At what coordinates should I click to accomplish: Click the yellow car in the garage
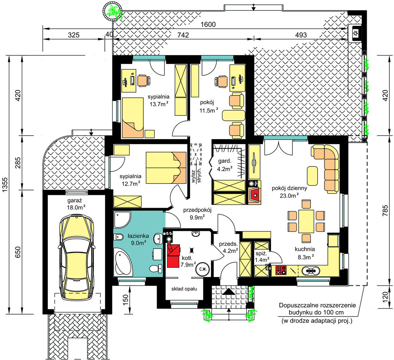click(77, 257)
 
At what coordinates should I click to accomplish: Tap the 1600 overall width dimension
click(208, 24)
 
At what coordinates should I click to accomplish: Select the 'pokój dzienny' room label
click(289, 188)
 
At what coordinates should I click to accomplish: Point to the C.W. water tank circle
click(203, 269)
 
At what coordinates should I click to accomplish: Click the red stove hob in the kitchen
click(281, 270)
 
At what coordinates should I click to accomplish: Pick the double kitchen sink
click(311, 271)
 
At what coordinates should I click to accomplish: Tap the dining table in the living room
click(306, 221)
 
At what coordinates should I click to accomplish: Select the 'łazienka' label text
click(138, 236)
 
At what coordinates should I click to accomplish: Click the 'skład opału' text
click(184, 289)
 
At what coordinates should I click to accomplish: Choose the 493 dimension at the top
click(301, 35)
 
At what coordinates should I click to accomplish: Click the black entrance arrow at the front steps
click(229, 292)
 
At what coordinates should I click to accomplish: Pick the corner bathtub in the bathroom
click(123, 262)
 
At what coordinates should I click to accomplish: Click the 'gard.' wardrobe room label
click(224, 161)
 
